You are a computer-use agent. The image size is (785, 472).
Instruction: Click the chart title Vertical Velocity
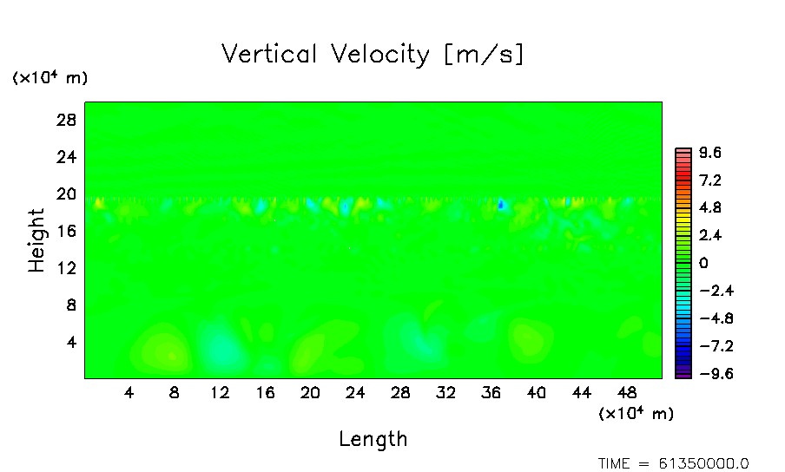[373, 55]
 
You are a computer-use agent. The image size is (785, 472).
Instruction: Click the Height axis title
[36, 239]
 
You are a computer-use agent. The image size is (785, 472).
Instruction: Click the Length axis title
[373, 439]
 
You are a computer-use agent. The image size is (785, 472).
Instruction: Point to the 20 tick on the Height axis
[68, 193]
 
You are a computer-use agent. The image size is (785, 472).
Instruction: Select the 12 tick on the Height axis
[68, 268]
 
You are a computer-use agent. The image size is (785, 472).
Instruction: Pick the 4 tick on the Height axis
[72, 342]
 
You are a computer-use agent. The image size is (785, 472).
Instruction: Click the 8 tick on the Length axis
[175, 392]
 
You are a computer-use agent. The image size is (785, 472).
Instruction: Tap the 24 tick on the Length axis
[355, 392]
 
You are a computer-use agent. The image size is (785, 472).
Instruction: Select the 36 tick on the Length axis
[491, 392]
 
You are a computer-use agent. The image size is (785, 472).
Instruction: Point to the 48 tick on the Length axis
[626, 392]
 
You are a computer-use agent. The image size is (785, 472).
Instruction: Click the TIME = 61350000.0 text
[674, 463]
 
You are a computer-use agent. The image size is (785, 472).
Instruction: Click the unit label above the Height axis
[49, 78]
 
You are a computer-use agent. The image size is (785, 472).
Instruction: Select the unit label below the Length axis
[636, 414]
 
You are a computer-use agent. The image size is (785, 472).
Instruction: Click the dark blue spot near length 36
[501, 205]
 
